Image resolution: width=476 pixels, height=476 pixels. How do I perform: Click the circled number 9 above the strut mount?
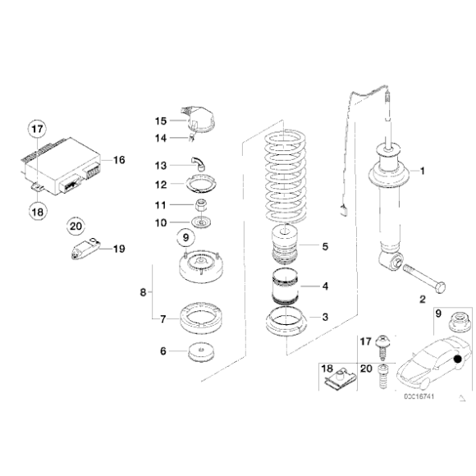pos(185,238)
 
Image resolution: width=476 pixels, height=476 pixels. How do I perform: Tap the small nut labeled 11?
pos(199,204)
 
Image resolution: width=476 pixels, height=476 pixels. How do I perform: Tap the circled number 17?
pos(35,129)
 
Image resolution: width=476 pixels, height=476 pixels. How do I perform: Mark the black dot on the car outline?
pos(456,359)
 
